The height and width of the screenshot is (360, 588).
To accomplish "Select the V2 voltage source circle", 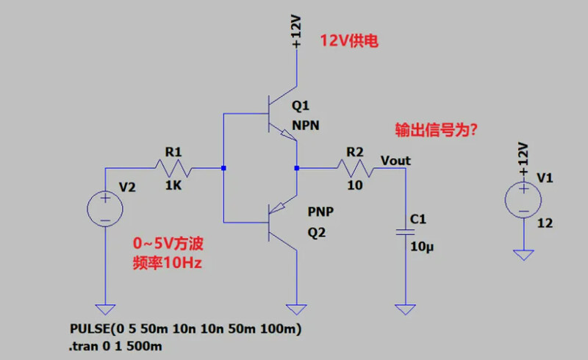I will click(105, 209).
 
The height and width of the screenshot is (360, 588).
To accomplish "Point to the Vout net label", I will click(395, 160).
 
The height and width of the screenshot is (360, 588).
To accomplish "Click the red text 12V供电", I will click(348, 42).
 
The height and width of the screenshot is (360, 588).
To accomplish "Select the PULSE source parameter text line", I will click(187, 328).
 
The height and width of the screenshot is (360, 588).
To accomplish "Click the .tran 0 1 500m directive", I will click(115, 344).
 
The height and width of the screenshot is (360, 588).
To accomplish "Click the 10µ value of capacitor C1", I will click(423, 246).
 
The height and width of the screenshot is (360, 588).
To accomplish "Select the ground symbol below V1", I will click(523, 254).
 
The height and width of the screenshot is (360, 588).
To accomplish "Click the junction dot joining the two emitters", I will click(296, 169).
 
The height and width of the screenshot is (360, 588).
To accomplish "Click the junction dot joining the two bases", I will click(223, 169).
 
